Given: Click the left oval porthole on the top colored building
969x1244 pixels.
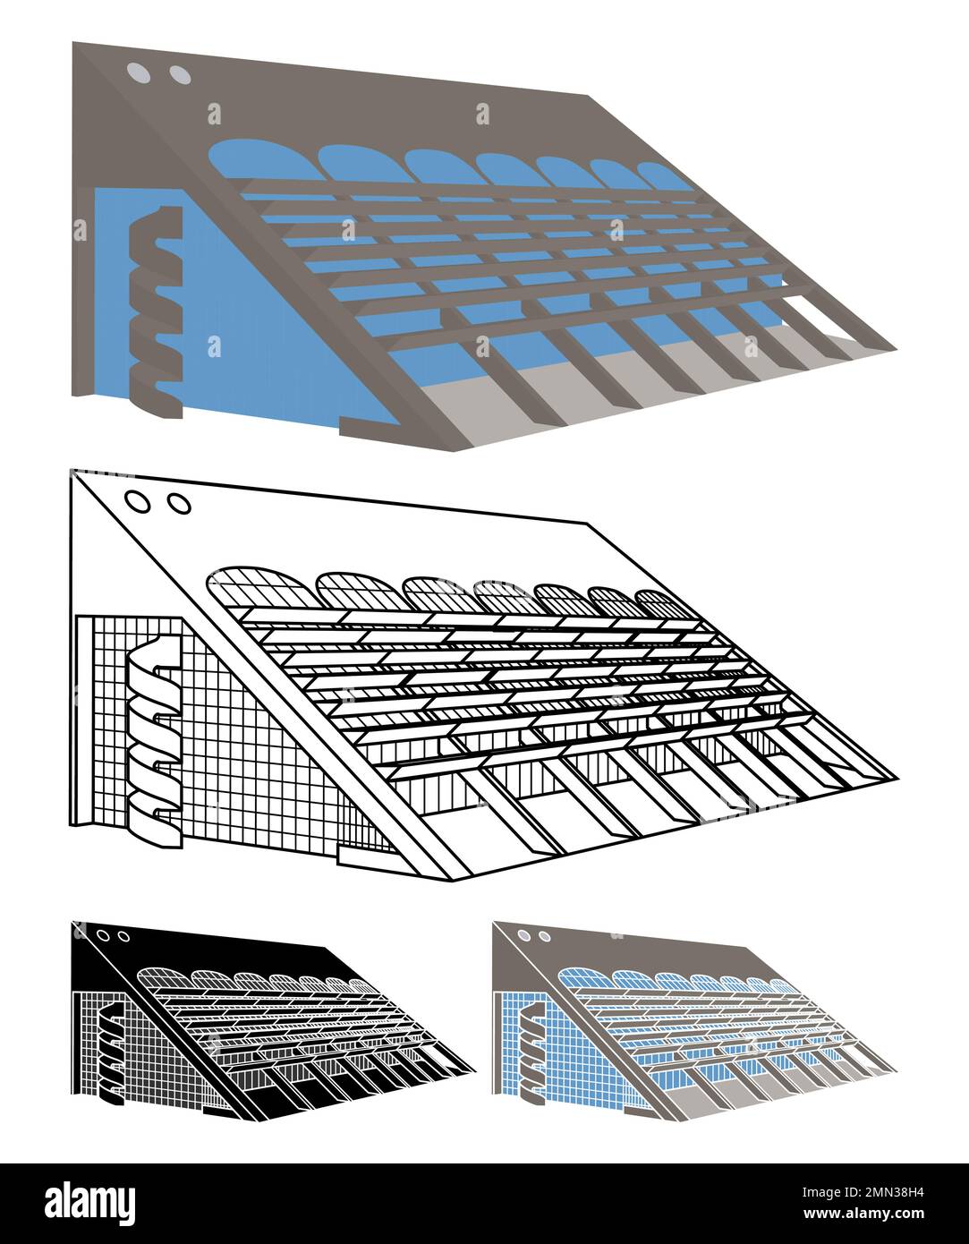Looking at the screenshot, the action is coord(138,72).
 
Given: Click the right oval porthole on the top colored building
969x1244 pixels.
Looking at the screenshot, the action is coord(179,75).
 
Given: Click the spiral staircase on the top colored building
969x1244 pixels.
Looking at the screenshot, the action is coord(156,312).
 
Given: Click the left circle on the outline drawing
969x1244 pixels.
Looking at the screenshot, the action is coord(138,501).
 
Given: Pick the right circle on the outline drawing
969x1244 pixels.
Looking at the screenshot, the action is coord(179,505).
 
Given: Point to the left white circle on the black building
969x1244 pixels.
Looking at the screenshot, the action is coord(104,935).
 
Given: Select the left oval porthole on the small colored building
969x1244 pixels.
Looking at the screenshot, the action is coord(523,934).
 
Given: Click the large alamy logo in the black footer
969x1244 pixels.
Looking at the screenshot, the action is coord(90,1200).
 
